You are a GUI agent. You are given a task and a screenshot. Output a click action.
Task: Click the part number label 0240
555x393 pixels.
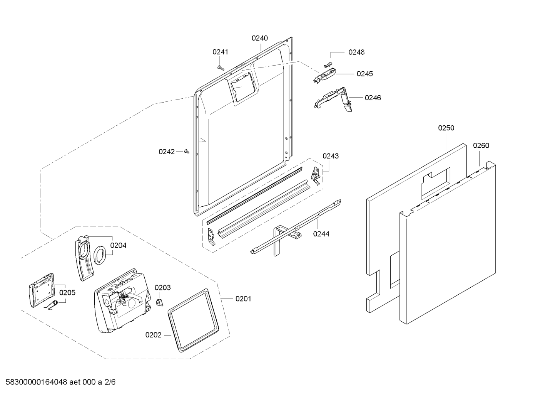[x=260, y=38]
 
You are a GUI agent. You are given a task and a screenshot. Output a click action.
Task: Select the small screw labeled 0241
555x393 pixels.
[x=221, y=67]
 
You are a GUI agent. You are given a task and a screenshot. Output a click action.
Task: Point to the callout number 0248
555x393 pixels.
[x=356, y=52]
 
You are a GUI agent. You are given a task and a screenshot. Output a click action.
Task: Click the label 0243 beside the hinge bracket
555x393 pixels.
[x=331, y=156]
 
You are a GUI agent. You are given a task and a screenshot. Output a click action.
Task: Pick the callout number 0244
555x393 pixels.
[x=321, y=234]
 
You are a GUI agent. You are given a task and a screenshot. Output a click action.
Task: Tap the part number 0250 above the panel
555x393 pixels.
[x=446, y=128]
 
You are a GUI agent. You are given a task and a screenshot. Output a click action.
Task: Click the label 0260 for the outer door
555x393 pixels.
[x=481, y=145]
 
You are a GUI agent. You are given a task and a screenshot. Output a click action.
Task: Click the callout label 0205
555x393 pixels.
[x=67, y=293]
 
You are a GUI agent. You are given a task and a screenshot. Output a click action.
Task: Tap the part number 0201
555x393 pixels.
[x=243, y=299]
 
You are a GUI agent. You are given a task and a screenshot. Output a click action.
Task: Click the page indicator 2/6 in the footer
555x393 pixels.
[x=110, y=382]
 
